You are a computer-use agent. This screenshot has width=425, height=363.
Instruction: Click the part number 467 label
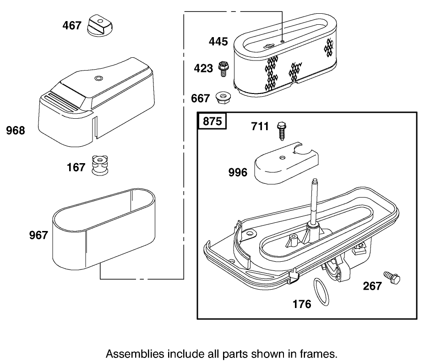coord(72,25)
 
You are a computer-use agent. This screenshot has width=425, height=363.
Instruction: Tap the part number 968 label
coord(16,131)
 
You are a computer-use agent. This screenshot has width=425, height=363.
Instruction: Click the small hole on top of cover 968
coord(97,79)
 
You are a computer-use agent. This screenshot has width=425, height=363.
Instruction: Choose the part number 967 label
coord(38,235)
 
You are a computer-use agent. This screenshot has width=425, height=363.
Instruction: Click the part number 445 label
coord(218,42)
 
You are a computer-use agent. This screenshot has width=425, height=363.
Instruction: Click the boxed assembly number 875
coord(212,121)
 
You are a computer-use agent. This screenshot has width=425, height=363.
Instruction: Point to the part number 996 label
coord(238,172)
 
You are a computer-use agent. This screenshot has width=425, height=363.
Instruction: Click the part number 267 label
coord(372,286)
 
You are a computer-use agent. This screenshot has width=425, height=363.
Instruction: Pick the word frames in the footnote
coord(321,354)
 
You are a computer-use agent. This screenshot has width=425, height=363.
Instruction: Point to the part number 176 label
coord(302,304)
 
